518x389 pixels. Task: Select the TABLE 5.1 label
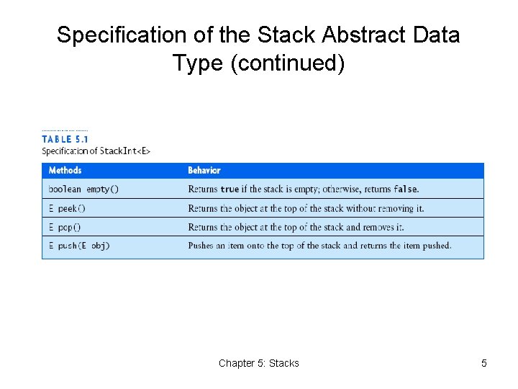tap(65, 139)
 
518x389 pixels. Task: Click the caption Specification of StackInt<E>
tap(96, 151)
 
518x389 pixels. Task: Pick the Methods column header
tap(65, 171)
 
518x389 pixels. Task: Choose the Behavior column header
tap(204, 171)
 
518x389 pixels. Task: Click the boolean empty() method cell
tap(83, 189)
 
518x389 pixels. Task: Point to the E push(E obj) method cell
tap(79, 246)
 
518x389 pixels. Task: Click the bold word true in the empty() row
tap(230, 189)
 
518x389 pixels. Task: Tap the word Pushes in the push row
tap(201, 246)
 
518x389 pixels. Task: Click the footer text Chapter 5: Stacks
tap(258, 363)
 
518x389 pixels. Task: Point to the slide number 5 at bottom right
tap(483, 363)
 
